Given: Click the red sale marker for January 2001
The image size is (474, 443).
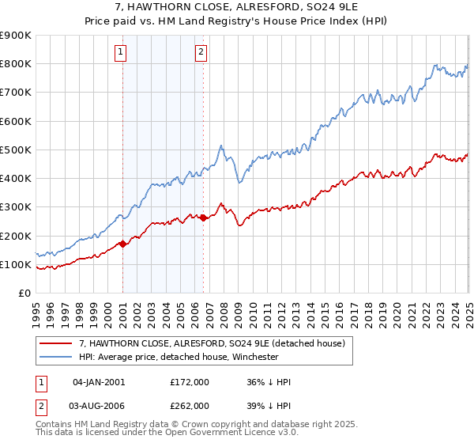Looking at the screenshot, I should [123, 244].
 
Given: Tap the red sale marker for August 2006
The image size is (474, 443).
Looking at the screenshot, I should [204, 218].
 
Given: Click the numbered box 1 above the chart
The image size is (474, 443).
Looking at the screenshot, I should [120, 53].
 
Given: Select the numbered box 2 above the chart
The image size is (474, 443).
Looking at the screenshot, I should [201, 53].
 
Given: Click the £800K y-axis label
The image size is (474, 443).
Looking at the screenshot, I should [16, 63].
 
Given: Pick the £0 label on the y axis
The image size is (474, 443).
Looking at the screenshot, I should [23, 293].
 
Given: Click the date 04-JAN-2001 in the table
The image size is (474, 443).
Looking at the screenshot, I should [98, 382].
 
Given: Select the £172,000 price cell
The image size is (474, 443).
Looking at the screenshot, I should [190, 382].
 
